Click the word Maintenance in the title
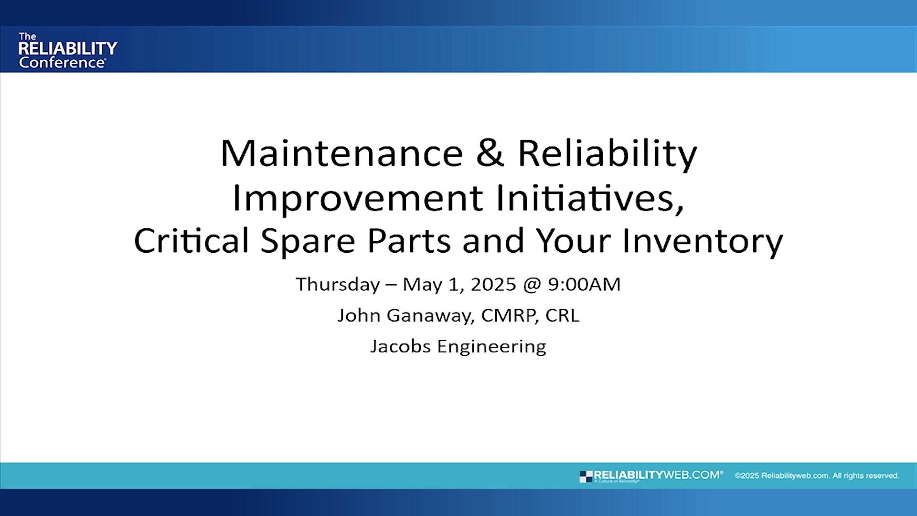pyautogui.click(x=341, y=154)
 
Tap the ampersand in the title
pyautogui.click(x=490, y=154)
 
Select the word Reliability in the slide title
pyautogui.click(x=607, y=154)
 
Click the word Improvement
pyautogui.click(x=357, y=198)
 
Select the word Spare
pyautogui.click(x=308, y=241)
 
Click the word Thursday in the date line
pyautogui.click(x=338, y=284)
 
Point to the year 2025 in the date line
pyautogui.click(x=493, y=284)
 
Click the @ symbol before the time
pyautogui.click(x=532, y=284)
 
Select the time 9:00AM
pyautogui.click(x=584, y=284)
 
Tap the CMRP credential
pyautogui.click(x=510, y=315)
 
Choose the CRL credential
pyautogui.click(x=562, y=315)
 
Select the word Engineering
pyautogui.click(x=491, y=346)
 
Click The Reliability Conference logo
pyautogui.click(x=67, y=50)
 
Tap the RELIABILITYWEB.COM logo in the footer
pyautogui.click(x=652, y=476)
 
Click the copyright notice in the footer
pyautogui.click(x=817, y=476)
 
